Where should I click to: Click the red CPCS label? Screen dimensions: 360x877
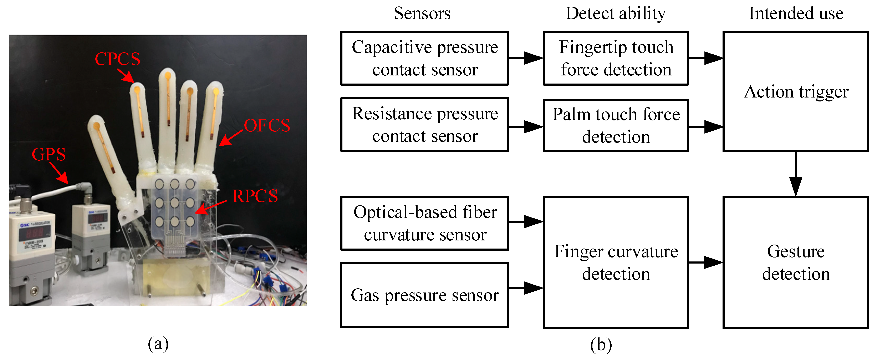tap(117, 59)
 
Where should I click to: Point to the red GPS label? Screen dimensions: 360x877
tap(49, 154)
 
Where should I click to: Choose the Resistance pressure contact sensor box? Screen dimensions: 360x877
tap(424, 125)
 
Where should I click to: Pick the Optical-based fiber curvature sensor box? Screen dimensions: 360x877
tap(424, 223)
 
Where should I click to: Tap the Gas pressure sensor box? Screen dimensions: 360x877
tap(424, 295)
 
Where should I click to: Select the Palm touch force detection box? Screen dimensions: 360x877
tap(616, 125)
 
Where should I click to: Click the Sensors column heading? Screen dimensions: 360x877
tap(422, 14)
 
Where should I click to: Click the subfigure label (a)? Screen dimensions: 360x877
tap(158, 344)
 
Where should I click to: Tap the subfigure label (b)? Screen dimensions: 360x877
tap(601, 345)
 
